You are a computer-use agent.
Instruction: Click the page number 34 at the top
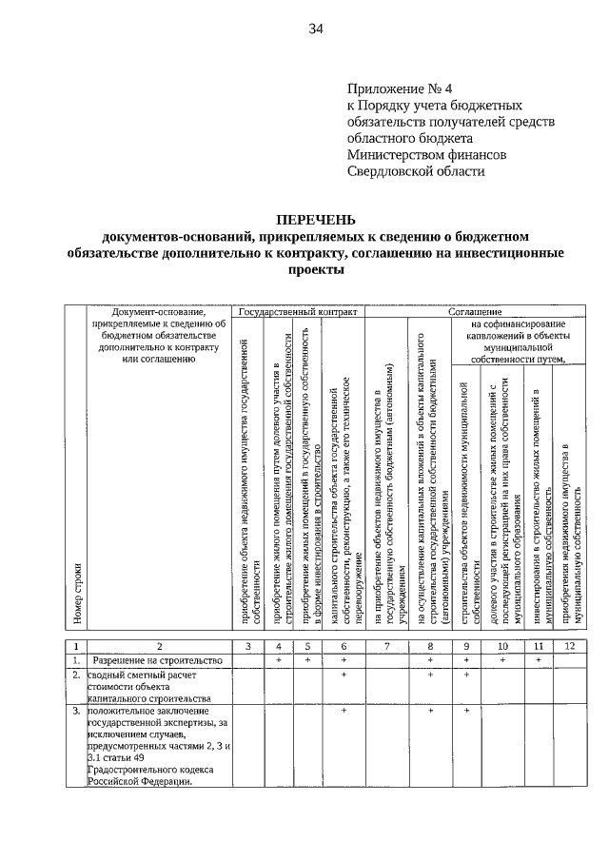[316, 29]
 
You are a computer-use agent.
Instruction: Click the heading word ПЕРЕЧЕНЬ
[315, 220]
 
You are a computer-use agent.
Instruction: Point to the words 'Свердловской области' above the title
[416, 171]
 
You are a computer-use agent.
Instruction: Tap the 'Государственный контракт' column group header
[298, 311]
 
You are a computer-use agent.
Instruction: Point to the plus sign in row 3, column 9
[467, 712]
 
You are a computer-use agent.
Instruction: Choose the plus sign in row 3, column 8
[430, 712]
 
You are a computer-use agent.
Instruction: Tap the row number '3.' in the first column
[74, 712]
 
